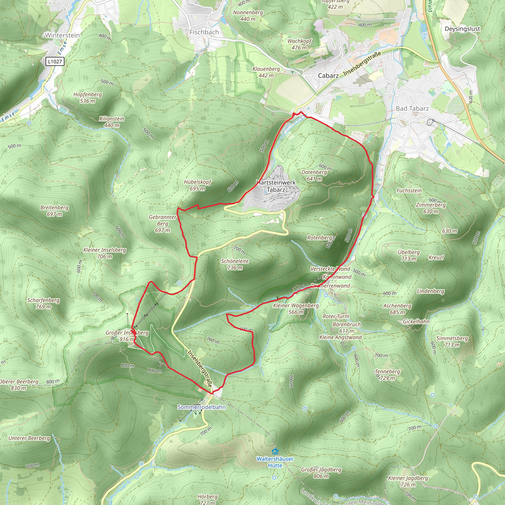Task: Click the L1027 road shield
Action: (x=55, y=61)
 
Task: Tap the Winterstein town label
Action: (x=62, y=35)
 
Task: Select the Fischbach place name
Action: (x=204, y=32)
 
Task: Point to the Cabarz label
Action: (x=328, y=75)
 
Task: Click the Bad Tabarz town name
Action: (x=412, y=108)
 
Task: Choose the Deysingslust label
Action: (x=462, y=29)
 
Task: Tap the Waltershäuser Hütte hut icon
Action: (x=275, y=452)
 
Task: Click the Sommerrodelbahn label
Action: (x=201, y=407)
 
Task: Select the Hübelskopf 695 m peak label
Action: (x=197, y=185)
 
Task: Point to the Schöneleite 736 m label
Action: (x=235, y=264)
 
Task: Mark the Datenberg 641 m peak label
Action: (x=314, y=175)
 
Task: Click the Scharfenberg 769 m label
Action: (x=43, y=303)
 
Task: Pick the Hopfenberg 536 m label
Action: (x=88, y=97)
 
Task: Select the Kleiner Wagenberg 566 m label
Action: (x=296, y=308)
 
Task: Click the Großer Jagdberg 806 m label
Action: (x=321, y=473)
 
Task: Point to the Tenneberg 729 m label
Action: (x=387, y=375)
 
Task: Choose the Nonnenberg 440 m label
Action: (x=248, y=16)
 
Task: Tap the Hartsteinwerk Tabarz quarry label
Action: (x=276, y=186)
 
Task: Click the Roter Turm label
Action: (x=336, y=316)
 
